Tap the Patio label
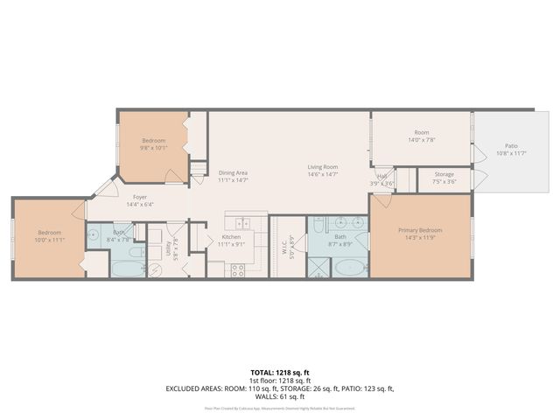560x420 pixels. pyautogui.click(x=511, y=146)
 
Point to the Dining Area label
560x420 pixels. pyautogui.click(x=233, y=172)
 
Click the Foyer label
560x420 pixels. pyautogui.click(x=139, y=198)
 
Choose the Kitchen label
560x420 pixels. pyautogui.click(x=230, y=237)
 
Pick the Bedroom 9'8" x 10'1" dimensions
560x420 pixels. pyautogui.click(x=153, y=148)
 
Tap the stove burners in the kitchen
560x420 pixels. pyautogui.click(x=237, y=269)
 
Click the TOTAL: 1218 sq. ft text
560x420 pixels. pyautogui.click(x=280, y=372)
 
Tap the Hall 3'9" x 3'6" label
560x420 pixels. pyautogui.click(x=382, y=178)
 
